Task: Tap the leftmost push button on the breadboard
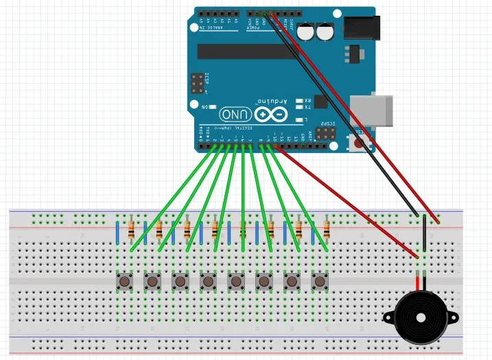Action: [x=125, y=280]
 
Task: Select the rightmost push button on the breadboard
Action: [x=319, y=280]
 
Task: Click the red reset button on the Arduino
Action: [x=358, y=142]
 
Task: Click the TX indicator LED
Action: [x=298, y=107]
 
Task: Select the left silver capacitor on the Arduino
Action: [x=306, y=32]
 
